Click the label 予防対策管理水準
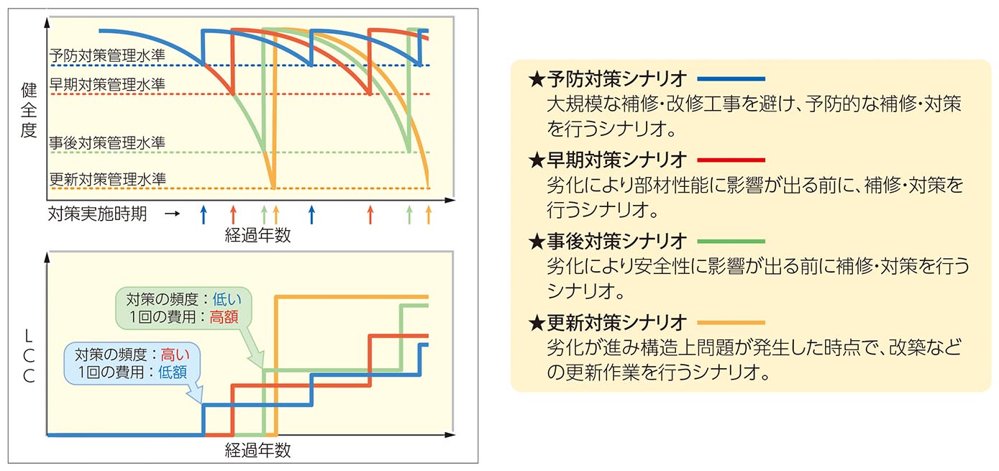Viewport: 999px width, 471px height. [x=107, y=55]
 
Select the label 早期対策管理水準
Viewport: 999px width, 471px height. [x=107, y=83]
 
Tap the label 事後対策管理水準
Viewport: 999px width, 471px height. [x=107, y=142]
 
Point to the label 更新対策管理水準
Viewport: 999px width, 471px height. [x=107, y=178]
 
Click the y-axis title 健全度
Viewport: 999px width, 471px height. [x=29, y=111]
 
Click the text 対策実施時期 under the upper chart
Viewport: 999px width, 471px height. [x=97, y=214]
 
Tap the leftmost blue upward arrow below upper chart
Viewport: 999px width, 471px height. [x=203, y=214]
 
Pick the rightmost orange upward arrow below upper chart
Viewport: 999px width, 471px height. [x=429, y=214]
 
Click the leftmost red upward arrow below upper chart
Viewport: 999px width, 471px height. [x=232, y=214]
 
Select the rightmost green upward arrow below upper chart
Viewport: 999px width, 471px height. [x=409, y=214]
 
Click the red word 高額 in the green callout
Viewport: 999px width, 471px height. [x=224, y=316]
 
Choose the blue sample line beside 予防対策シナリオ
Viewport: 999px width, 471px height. [x=730, y=78]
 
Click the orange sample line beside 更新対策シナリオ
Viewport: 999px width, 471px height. [x=730, y=322]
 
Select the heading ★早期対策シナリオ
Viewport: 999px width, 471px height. [x=608, y=159]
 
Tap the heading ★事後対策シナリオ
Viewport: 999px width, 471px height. [x=608, y=240]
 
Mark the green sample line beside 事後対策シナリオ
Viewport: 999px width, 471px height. [x=730, y=241]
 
